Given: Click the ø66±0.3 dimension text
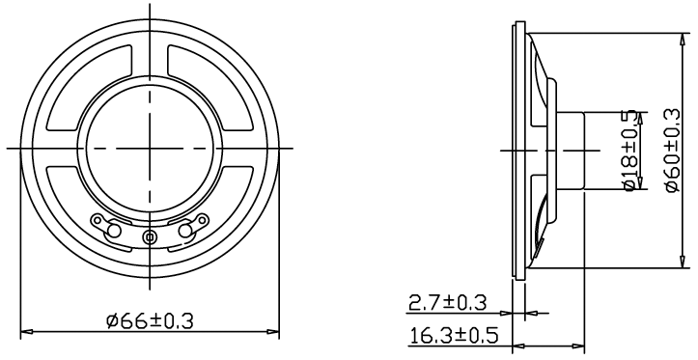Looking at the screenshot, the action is click(150, 320).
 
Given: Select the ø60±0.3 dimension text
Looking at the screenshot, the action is click(673, 151).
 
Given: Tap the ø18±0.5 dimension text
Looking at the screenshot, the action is click(630, 152).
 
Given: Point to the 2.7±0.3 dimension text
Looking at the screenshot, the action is click(448, 303).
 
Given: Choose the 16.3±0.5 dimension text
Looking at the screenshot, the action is click(453, 335).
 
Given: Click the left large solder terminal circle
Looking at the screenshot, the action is click(114, 230).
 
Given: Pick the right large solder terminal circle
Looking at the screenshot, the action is click(184, 230).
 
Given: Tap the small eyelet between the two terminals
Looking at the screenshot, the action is click(149, 236).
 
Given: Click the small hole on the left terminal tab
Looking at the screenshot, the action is click(97, 219).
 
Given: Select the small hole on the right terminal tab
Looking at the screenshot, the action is click(203, 219).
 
